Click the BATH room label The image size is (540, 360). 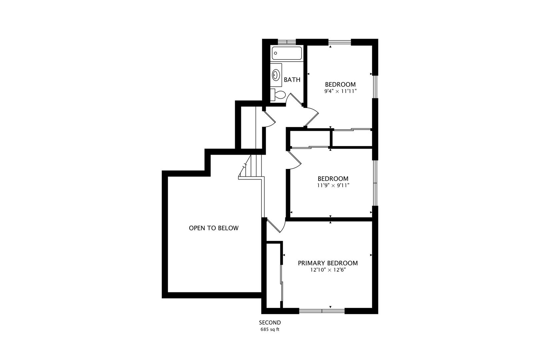292,80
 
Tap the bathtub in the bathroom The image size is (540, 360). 287,53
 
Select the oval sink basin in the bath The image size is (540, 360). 276,75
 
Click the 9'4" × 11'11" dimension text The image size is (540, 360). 340,91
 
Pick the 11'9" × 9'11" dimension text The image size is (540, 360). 333,185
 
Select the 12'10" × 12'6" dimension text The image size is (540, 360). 328,270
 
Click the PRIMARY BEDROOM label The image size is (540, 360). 328,263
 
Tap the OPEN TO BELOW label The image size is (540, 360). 214,228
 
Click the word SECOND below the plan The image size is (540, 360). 270,323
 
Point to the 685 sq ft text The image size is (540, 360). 270,329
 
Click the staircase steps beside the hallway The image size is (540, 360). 251,166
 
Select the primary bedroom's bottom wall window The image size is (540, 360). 322,311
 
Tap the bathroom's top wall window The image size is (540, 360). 287,42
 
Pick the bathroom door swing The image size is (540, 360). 294,100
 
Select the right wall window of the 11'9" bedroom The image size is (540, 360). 375,183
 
